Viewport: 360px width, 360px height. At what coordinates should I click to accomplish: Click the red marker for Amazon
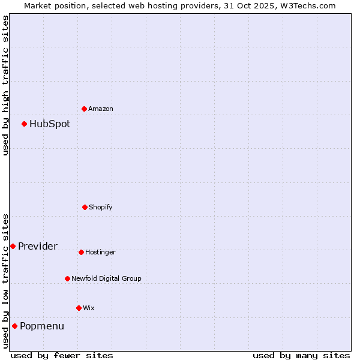pos(85,109)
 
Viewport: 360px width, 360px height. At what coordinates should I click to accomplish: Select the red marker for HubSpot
pos(25,124)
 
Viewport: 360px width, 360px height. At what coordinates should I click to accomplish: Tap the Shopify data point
pos(85,207)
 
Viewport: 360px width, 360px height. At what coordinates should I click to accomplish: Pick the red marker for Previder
pos(13,246)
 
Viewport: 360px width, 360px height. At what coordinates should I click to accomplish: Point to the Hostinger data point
pos(81,252)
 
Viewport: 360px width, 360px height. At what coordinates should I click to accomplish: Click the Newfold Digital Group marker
pos(67,278)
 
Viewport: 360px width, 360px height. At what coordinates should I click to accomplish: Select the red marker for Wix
pos(79,308)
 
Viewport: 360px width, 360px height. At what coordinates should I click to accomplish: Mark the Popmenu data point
pos(14,326)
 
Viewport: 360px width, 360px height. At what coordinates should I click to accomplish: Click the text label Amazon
pos(101,109)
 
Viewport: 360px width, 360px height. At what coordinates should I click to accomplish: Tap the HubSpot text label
pos(50,124)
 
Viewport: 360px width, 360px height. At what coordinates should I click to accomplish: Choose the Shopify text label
pos(101,207)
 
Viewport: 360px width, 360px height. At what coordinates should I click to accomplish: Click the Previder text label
pos(38,246)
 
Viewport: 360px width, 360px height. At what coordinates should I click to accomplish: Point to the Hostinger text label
pos(100,252)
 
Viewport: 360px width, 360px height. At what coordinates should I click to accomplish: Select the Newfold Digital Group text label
pos(106,278)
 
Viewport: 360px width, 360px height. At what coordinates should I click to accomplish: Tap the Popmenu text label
pos(42,326)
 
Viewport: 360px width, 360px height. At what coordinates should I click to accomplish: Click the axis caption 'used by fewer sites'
pos(62,355)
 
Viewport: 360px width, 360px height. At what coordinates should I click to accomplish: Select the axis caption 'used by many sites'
pos(301,355)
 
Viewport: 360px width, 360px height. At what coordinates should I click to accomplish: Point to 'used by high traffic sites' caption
pos(5,85)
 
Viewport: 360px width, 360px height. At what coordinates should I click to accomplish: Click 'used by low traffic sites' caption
pos(5,281)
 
